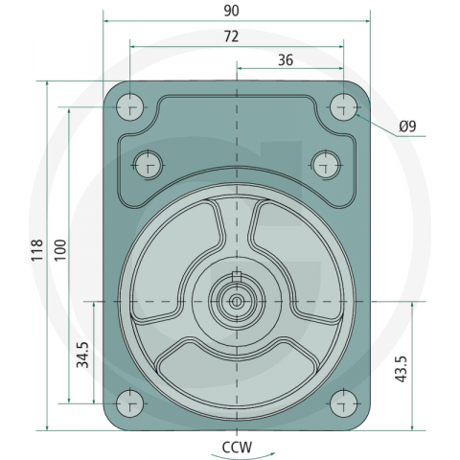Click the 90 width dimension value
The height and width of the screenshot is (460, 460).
(x=231, y=11)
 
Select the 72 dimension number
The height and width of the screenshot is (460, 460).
(x=231, y=36)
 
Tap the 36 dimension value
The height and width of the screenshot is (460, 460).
(x=286, y=60)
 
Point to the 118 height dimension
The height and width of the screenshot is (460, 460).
(x=37, y=250)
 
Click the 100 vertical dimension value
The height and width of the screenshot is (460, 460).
(x=60, y=250)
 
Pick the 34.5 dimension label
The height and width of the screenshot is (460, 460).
(x=82, y=355)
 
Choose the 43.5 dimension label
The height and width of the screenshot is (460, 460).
(x=401, y=369)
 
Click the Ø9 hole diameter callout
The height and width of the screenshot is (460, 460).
(x=407, y=126)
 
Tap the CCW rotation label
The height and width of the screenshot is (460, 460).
(x=237, y=447)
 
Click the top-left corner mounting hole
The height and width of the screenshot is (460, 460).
(x=129, y=107)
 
